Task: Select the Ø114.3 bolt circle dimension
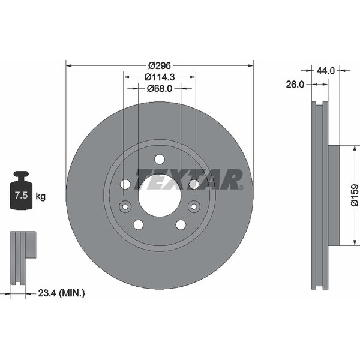pyautogui.click(x=160, y=77)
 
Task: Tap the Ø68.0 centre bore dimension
pyautogui.click(x=160, y=88)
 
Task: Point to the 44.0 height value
pyautogui.click(x=325, y=70)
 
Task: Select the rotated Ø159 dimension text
pyautogui.click(x=354, y=196)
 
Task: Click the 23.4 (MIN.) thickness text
pyautogui.click(x=61, y=293)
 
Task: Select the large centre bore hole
pyautogui.click(x=160, y=196)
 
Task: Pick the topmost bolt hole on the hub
pyautogui.click(x=160, y=159)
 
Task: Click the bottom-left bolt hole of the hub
pyautogui.click(x=138, y=224)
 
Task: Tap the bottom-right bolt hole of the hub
pyautogui.click(x=181, y=224)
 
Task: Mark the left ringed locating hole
pyautogui.click(x=125, y=207)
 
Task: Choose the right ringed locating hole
pyautogui.click(x=194, y=207)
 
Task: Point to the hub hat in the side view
pyautogui.click(x=334, y=195)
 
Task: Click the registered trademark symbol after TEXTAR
pyautogui.click(x=242, y=187)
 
